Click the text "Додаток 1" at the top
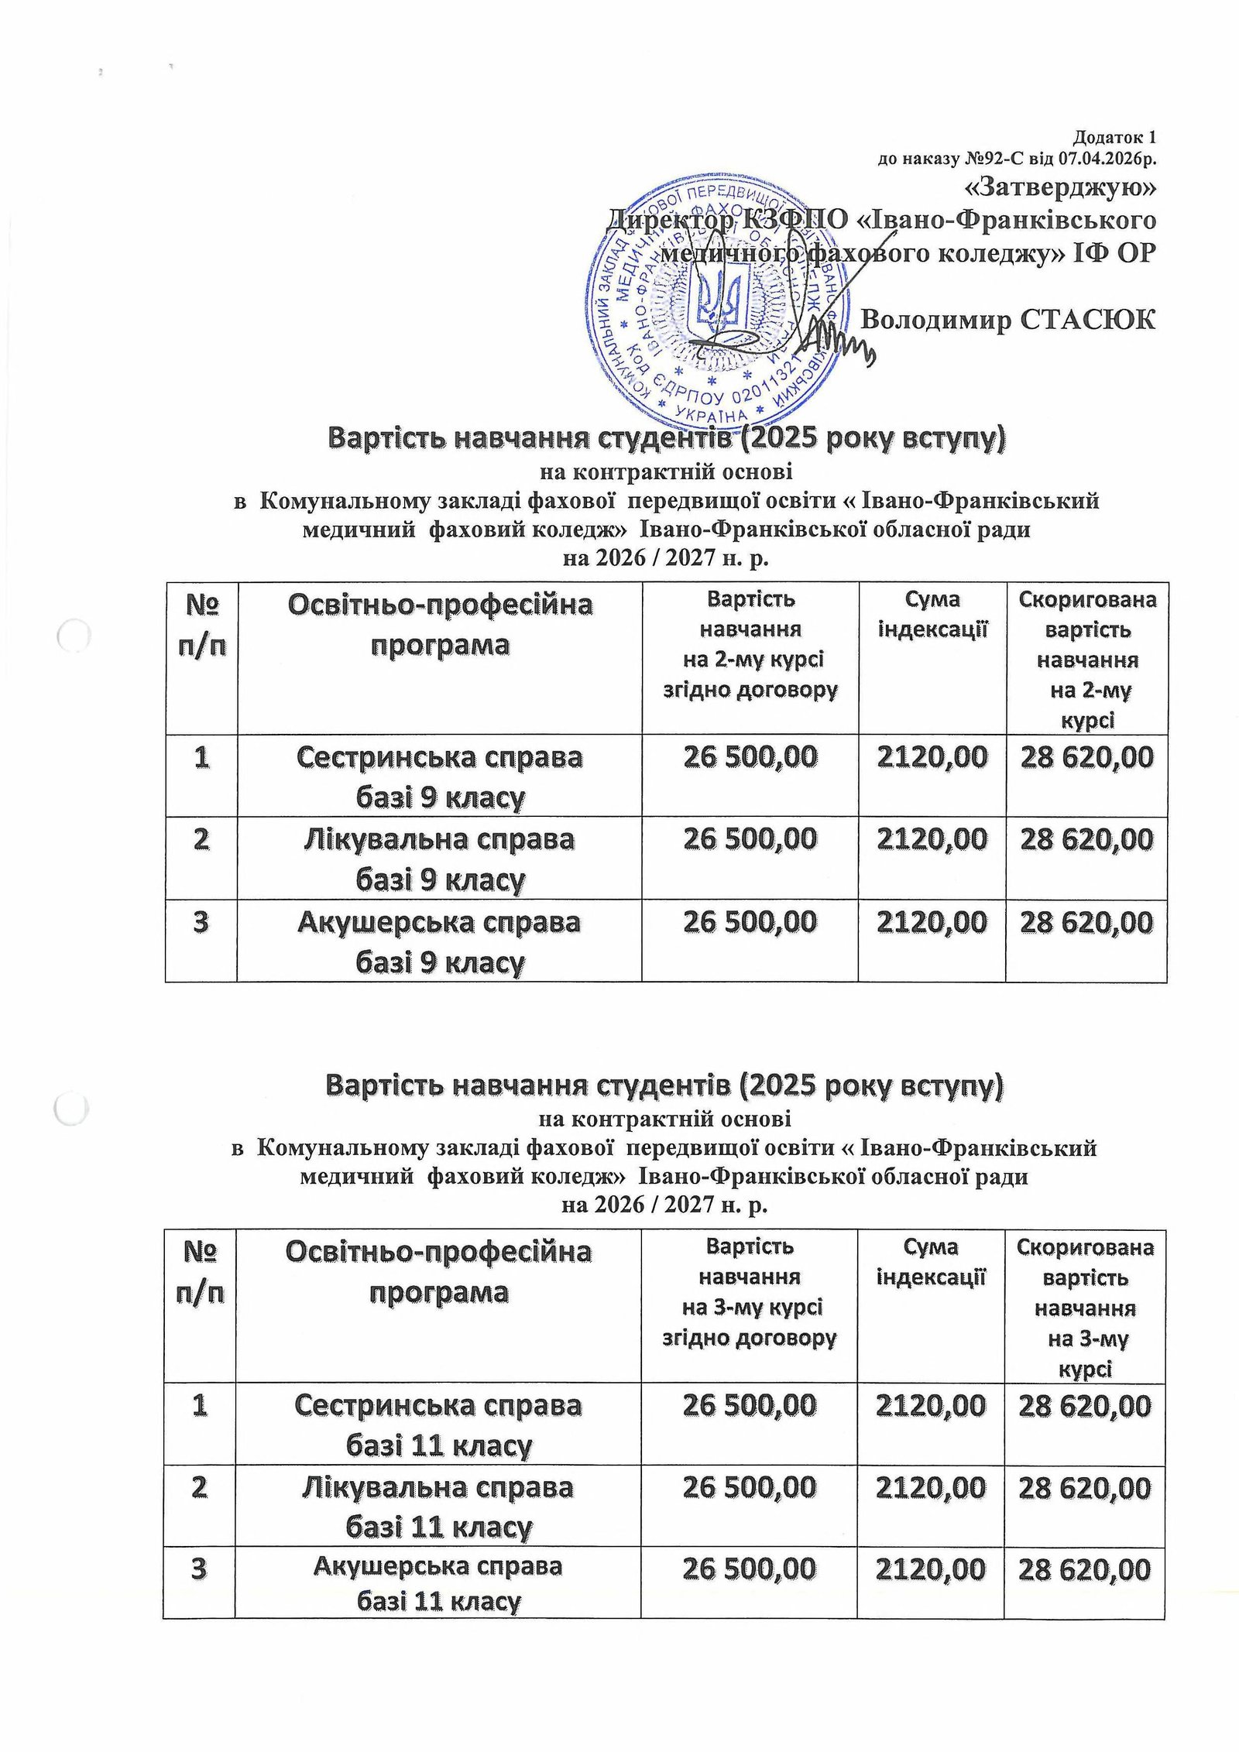tap(1114, 139)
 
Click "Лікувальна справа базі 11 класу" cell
tap(438, 1507)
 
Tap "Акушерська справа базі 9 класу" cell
tap(439, 942)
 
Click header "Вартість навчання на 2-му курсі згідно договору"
tap(750, 644)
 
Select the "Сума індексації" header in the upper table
tap(932, 614)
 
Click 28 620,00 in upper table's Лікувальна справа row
tap(1086, 839)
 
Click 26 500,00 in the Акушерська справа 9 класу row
tap(750, 922)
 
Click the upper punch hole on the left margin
tap(75, 637)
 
